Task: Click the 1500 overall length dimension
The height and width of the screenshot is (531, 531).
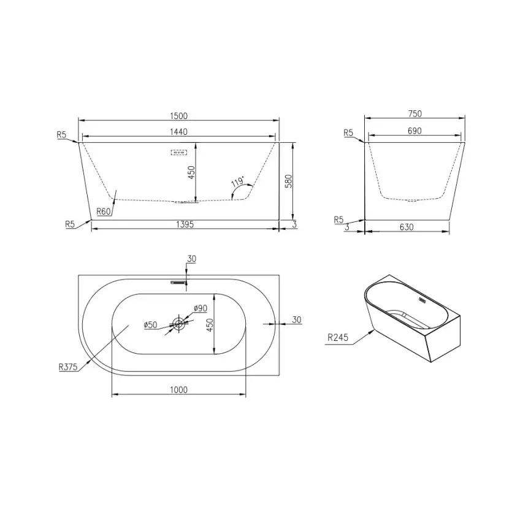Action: (178, 116)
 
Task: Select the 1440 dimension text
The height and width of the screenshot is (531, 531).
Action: (178, 132)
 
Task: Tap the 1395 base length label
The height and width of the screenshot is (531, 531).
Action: (185, 224)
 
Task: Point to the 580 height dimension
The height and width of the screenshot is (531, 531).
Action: (289, 181)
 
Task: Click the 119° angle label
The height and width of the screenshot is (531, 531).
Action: (238, 181)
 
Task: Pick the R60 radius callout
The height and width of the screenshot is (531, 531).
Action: (104, 212)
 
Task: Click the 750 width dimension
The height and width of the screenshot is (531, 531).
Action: (415, 114)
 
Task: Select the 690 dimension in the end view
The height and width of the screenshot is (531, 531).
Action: (414, 131)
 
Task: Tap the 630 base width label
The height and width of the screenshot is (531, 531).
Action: (407, 227)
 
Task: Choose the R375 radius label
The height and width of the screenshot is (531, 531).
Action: (68, 367)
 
